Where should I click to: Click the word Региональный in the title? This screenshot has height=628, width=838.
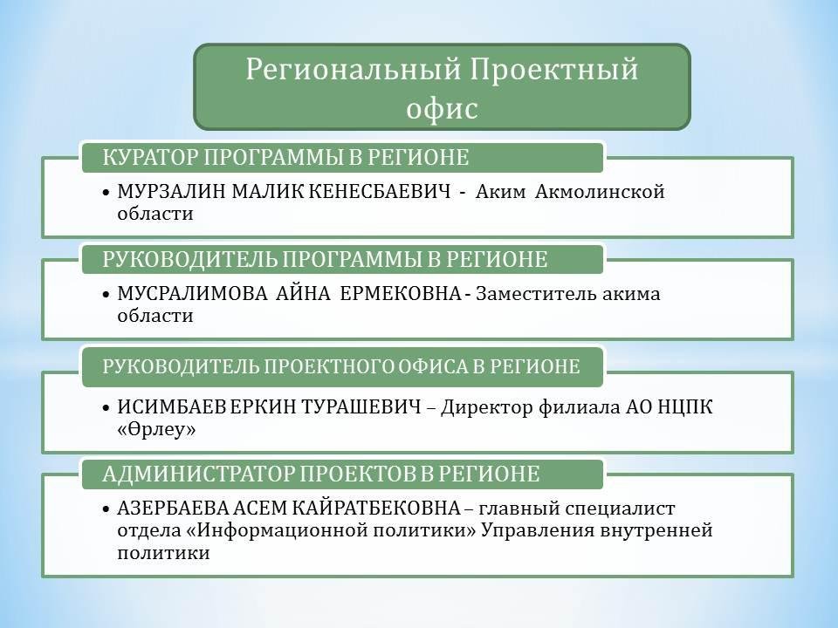(354, 70)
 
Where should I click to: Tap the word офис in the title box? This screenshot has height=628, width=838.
(442, 108)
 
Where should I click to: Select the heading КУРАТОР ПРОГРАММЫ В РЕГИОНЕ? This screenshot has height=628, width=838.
(285, 158)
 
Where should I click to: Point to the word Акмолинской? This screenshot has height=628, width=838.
(600, 191)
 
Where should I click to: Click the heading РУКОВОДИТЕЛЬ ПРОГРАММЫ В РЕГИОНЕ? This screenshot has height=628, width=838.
(325, 260)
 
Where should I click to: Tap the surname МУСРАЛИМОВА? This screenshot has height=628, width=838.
(192, 294)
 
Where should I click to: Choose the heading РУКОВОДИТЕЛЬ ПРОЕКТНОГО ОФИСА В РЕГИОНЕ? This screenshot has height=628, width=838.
(341, 367)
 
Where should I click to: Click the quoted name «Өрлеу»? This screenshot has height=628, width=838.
(156, 429)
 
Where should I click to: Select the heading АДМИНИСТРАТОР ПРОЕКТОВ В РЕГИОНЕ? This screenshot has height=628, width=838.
(320, 474)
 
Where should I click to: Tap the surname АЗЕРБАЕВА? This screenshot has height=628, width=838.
(174, 509)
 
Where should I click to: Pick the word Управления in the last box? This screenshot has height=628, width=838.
(539, 531)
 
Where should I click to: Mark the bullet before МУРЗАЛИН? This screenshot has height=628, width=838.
(106, 192)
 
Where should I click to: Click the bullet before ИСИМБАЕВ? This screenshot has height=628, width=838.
(106, 407)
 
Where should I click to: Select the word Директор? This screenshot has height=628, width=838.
(487, 407)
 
